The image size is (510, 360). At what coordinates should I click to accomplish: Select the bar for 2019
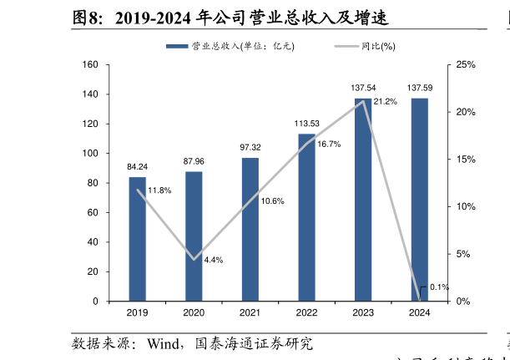137,239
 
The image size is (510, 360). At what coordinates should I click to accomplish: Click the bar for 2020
194,236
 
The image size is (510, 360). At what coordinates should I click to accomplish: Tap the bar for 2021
250,229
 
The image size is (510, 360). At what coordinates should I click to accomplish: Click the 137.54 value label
363,88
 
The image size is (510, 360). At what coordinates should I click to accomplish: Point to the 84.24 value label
137,166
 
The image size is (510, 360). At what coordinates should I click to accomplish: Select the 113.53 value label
306,124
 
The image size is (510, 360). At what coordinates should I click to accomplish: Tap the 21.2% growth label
385,102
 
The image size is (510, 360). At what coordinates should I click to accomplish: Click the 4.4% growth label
213,260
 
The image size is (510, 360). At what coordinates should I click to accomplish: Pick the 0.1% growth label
439,287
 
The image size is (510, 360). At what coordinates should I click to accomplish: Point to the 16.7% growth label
328,145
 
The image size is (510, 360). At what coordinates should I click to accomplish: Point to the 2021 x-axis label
250,313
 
